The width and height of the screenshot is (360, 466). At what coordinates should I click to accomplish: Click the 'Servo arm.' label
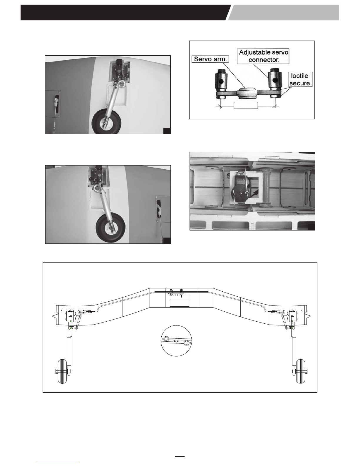pos(210,59)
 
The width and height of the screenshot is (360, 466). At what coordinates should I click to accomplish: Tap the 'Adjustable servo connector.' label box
pos(263,56)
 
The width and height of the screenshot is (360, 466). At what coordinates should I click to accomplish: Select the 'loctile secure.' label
pos(300,79)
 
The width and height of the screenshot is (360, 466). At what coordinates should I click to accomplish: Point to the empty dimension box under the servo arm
pos(246,106)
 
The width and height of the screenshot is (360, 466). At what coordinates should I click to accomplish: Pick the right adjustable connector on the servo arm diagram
pos(275,83)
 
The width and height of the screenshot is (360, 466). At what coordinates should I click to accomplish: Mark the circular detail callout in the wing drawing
pos(176,341)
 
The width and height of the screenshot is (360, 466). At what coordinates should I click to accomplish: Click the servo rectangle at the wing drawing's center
pos(179,301)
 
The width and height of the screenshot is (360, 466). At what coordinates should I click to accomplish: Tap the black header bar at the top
pos(125,12)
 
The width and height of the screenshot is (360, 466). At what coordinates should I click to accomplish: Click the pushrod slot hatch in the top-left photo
pos(53,103)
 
